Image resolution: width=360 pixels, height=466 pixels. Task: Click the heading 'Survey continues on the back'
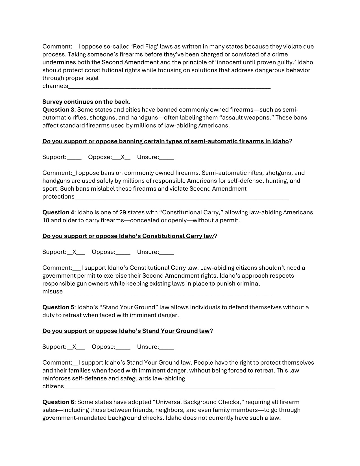tap(85, 102)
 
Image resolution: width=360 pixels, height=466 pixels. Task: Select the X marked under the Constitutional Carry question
tap(75, 252)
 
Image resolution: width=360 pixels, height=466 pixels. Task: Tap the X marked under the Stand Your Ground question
tap(75, 347)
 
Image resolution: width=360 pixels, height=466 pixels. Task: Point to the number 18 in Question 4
tap(45, 220)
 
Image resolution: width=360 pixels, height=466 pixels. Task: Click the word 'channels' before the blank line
tap(55, 86)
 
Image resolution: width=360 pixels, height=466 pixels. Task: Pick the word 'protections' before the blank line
tap(58, 197)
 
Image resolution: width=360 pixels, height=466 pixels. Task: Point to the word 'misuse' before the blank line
tap(53, 291)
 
